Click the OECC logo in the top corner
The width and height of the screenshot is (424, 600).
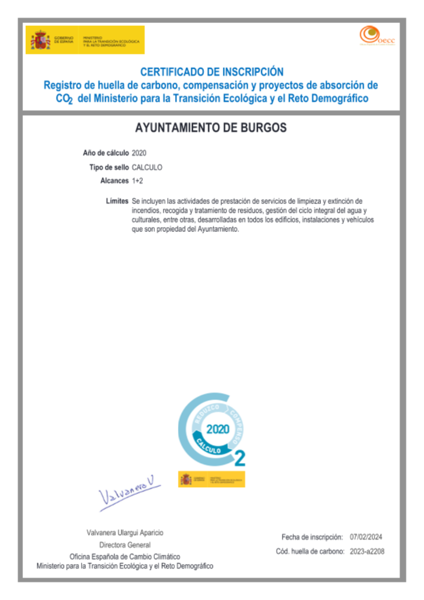click(371, 35)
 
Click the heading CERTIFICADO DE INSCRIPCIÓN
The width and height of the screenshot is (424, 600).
click(211, 71)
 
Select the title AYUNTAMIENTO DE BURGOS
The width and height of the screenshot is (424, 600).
click(211, 128)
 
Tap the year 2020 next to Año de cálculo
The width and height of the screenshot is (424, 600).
click(139, 153)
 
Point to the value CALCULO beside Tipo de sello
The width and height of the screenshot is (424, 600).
click(147, 167)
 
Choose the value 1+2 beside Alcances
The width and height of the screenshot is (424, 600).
click(137, 180)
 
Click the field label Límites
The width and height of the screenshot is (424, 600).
click(117, 200)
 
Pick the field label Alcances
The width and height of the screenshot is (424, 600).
click(115, 180)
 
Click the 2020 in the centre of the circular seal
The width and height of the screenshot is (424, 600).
click(218, 430)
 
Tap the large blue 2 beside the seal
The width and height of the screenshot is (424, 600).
click(239, 458)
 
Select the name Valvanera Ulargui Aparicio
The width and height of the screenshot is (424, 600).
click(125, 533)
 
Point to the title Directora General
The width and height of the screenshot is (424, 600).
click(125, 545)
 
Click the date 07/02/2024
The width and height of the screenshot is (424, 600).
click(366, 537)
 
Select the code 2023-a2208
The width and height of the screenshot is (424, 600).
click(366, 551)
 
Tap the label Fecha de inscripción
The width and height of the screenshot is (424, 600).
click(312, 537)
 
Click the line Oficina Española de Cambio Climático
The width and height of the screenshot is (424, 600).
click(125, 556)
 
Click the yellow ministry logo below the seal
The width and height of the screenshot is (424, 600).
click(212, 479)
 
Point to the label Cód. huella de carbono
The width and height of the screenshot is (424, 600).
click(309, 551)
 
